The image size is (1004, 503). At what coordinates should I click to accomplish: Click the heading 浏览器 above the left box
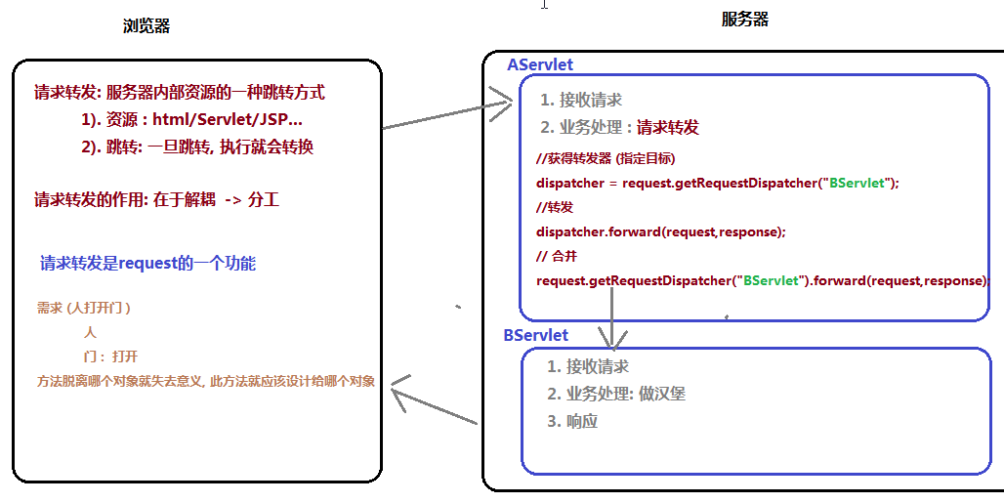[x=146, y=26]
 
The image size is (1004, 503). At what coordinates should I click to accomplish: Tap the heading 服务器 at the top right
[x=745, y=19]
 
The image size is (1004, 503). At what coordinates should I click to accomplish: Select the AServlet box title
[x=540, y=64]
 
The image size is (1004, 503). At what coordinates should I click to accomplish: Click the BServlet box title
[x=535, y=335]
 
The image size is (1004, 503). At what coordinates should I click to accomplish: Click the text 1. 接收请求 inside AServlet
[x=581, y=100]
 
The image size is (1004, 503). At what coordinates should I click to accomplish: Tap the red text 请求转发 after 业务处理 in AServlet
[x=668, y=127]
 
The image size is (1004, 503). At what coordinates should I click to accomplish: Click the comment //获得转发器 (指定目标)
[x=606, y=158]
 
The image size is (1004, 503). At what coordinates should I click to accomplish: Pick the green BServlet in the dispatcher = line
[x=857, y=183]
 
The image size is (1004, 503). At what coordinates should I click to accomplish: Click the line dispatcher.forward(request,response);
[x=661, y=231]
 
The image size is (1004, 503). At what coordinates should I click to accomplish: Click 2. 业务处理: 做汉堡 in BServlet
[x=616, y=394]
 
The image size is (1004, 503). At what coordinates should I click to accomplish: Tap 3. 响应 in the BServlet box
[x=572, y=421]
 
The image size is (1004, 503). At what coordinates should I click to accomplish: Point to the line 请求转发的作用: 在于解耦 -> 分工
[x=156, y=200]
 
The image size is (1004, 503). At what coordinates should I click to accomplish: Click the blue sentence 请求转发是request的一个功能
[x=148, y=264]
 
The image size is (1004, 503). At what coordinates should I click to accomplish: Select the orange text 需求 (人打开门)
[x=84, y=308]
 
